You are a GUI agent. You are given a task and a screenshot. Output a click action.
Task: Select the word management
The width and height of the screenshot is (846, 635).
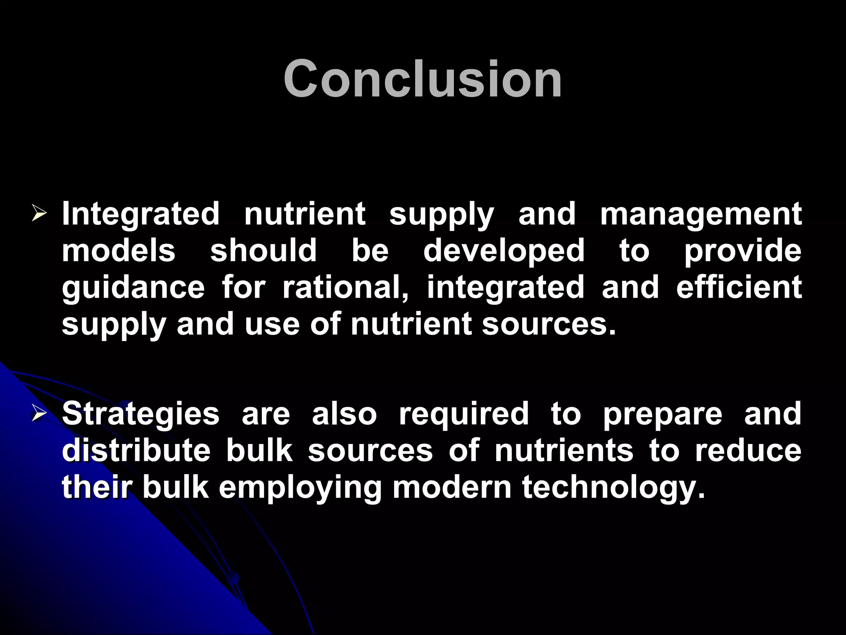[x=701, y=215]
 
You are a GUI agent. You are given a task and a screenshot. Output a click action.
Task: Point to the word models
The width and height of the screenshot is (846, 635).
[x=119, y=251]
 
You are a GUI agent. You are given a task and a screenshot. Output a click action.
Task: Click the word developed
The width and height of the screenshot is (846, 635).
[x=504, y=251]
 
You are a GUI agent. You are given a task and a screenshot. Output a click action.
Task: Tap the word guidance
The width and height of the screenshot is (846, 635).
[x=133, y=288]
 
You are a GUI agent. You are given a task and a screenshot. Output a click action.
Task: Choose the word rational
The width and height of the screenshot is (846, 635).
[x=345, y=288]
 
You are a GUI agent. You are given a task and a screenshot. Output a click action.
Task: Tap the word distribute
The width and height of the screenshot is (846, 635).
[x=136, y=451]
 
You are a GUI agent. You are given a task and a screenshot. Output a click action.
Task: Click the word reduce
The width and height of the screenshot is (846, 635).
[x=748, y=451]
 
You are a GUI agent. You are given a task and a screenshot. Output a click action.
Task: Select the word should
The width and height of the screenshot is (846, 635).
[x=264, y=251]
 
